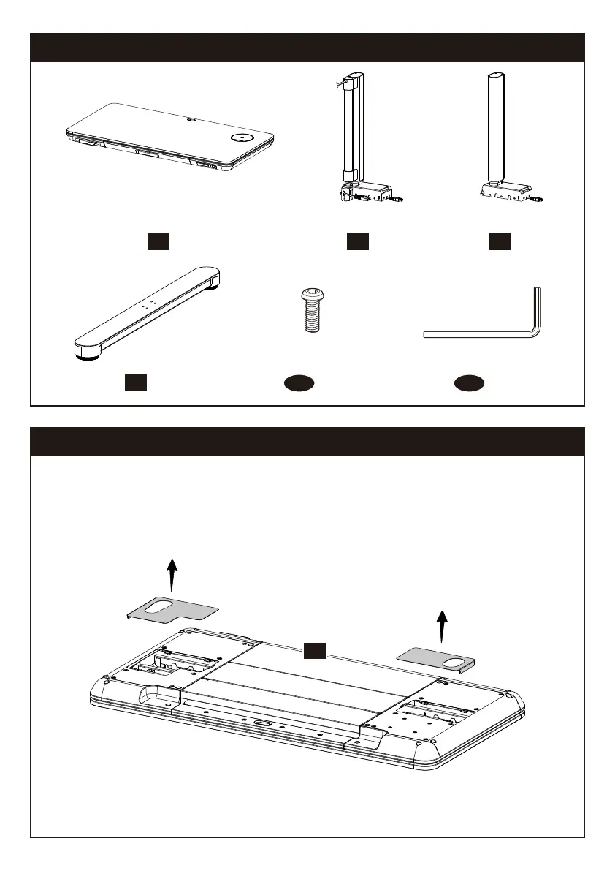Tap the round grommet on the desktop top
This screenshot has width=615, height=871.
click(242, 137)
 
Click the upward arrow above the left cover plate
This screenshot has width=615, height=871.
click(172, 574)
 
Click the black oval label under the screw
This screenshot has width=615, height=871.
click(299, 382)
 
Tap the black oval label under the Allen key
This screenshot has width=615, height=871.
click(467, 382)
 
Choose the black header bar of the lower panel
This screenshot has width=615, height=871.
click(307, 442)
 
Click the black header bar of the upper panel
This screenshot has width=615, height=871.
click(307, 48)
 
